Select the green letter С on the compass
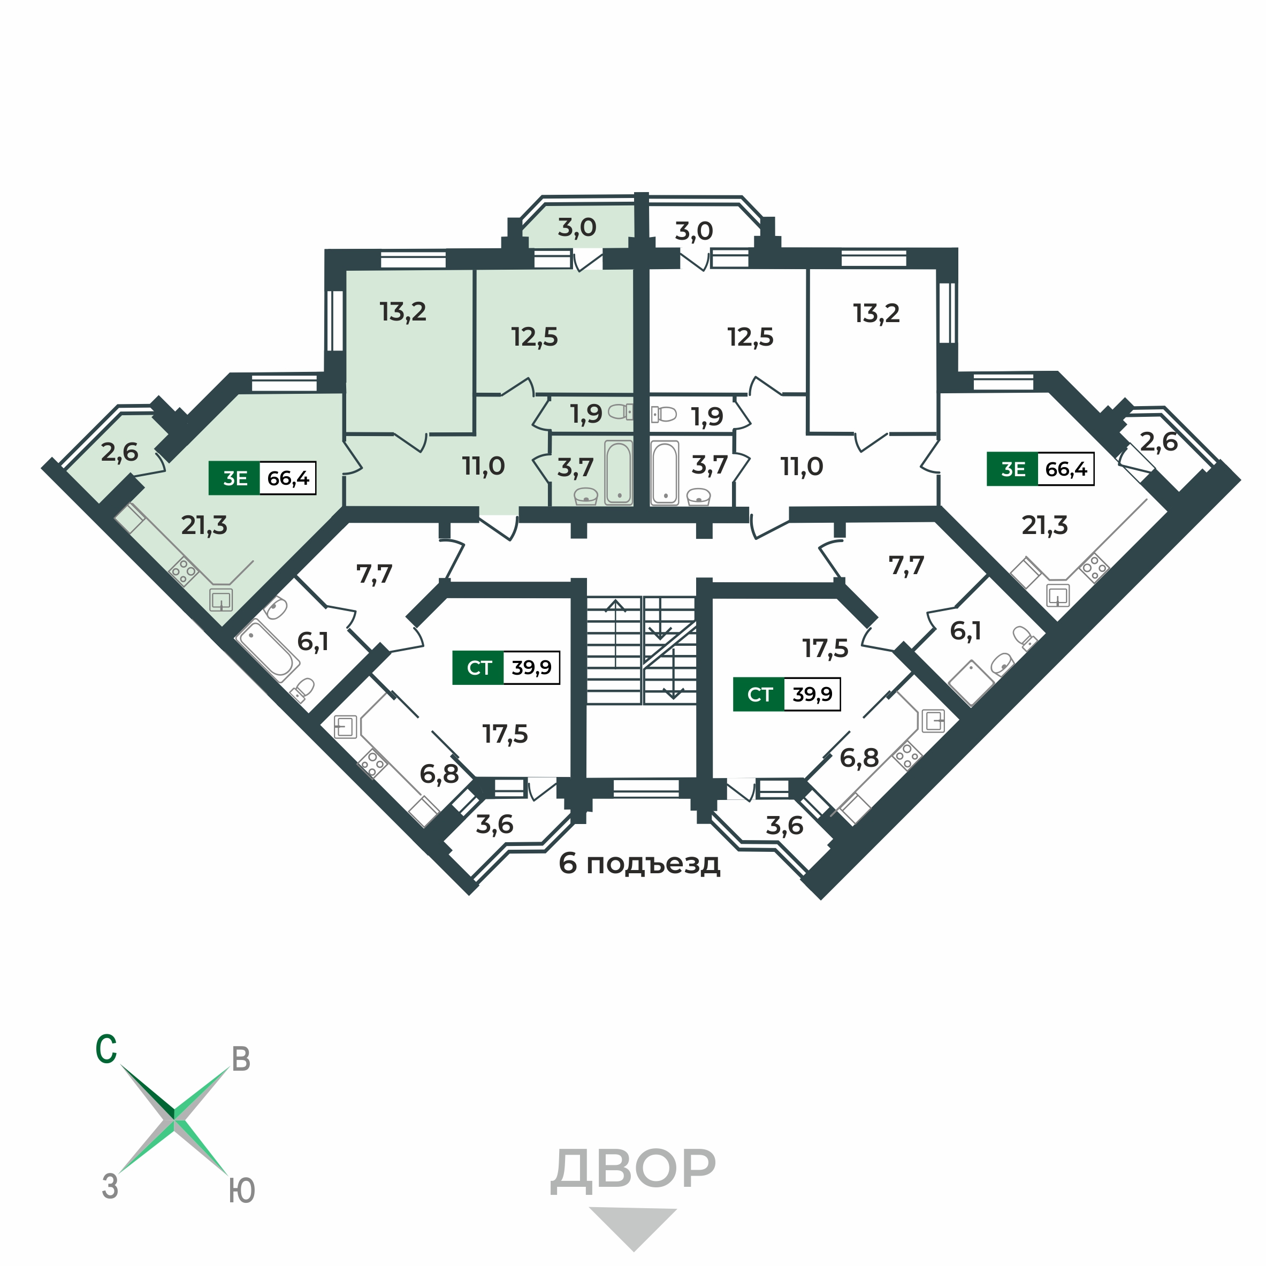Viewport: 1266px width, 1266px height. point(106,1049)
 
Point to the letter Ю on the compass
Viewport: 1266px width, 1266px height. point(242,1191)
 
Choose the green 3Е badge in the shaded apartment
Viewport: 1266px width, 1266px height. point(234,478)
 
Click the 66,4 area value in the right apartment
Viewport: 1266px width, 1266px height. point(1065,469)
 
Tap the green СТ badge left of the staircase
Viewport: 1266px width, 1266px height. point(478,668)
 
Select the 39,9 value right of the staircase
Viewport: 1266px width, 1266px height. point(812,695)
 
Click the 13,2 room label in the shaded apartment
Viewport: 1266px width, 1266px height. point(403,312)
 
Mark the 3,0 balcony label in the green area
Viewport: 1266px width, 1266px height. point(577,228)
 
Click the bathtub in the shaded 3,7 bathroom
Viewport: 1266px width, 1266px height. point(619,472)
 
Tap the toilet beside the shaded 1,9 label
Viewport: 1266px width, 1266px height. point(621,412)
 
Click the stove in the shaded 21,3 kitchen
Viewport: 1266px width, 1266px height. point(184,571)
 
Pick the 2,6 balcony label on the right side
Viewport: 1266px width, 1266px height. point(1158,443)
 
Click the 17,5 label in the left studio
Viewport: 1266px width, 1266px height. point(505,734)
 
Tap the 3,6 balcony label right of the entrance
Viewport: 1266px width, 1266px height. point(784,826)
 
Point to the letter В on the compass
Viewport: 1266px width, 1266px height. point(241,1059)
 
